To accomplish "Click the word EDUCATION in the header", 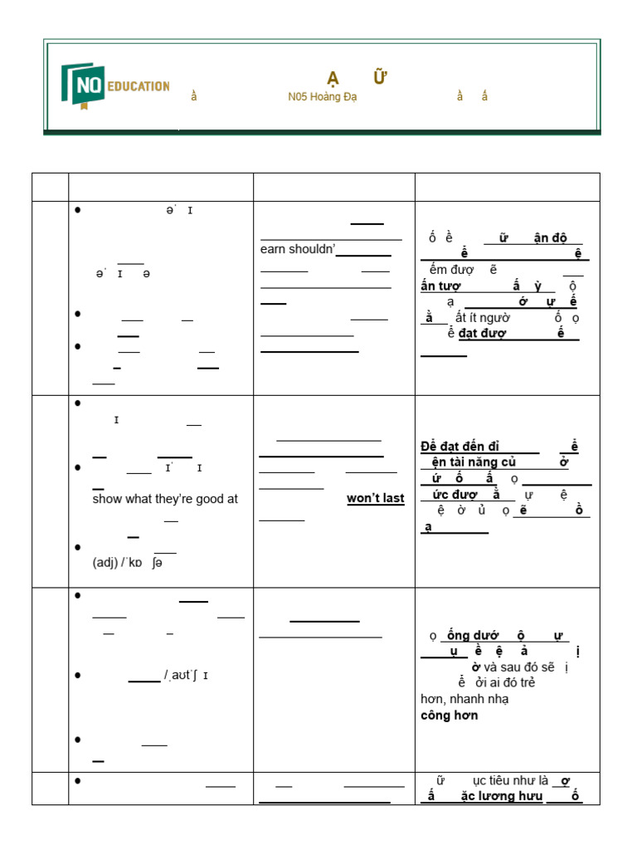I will coord(137,85).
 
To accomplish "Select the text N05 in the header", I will coord(298,96).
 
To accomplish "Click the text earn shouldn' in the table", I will coord(297,250).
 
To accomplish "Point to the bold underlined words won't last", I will coord(375,499).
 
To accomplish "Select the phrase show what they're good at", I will coord(165,499).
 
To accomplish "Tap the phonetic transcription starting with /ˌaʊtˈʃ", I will coord(186,675).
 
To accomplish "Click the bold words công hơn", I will coord(449,715).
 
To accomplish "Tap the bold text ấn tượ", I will coord(440,286).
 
